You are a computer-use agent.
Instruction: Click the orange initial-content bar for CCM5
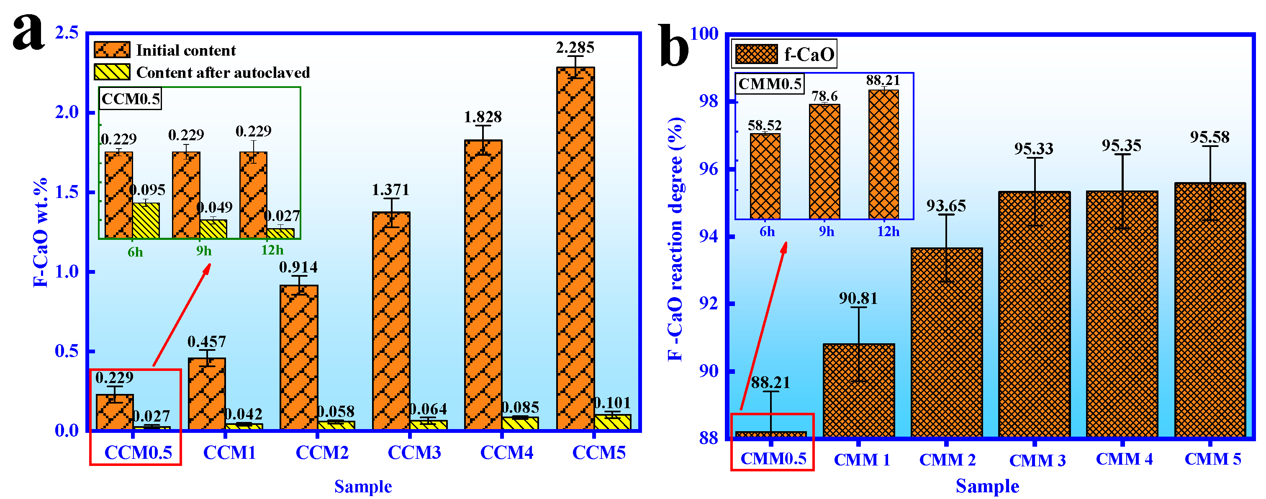(575, 248)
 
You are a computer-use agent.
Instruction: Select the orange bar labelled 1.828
(483, 285)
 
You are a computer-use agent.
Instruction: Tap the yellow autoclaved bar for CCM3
(429, 425)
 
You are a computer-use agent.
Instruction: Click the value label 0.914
(298, 268)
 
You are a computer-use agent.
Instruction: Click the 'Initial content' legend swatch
(112, 50)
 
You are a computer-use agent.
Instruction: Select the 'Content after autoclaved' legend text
(223, 73)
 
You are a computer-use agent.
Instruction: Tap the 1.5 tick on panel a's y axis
(67, 192)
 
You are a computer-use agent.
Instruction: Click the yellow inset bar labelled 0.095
(146, 221)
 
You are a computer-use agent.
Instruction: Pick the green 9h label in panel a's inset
(204, 251)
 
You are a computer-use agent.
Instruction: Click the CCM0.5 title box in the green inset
(131, 99)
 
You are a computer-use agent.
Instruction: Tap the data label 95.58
(1210, 137)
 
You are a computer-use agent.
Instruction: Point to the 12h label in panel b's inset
(888, 231)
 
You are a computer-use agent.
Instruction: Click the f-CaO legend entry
(784, 54)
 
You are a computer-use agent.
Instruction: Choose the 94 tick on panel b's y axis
(708, 237)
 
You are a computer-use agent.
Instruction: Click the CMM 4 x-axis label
(1124, 459)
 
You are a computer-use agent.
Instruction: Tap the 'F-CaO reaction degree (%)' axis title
(676, 239)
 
